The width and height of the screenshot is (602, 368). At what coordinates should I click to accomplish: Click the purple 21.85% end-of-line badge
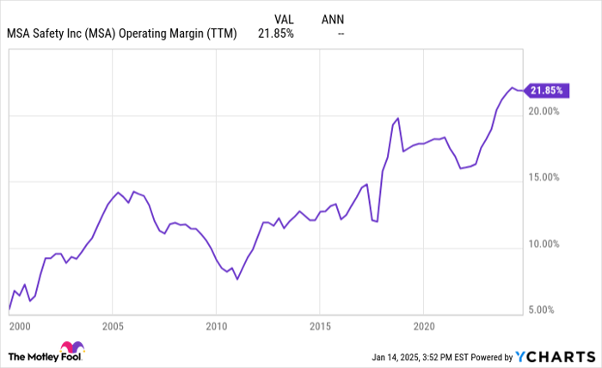pos(548,89)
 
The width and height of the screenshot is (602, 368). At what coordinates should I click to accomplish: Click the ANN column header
pos(333,16)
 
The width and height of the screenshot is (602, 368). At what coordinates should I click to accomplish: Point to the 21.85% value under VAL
pos(276,34)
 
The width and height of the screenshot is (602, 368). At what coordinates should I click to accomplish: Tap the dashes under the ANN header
pos(341,34)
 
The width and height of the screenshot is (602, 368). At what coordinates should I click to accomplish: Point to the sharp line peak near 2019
pos(397,118)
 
